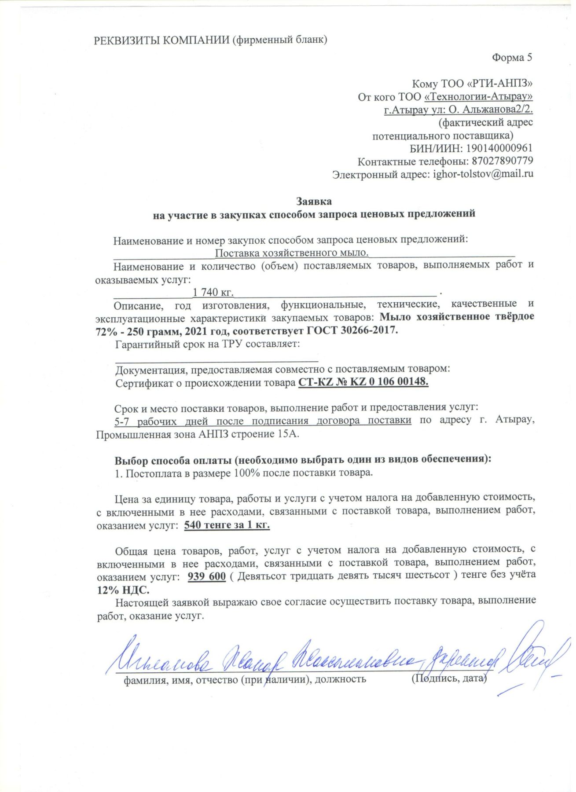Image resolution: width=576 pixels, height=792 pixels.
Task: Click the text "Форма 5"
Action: tap(512, 58)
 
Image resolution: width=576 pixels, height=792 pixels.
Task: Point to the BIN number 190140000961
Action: tap(499, 148)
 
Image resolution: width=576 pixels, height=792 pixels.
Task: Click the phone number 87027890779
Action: tap(502, 161)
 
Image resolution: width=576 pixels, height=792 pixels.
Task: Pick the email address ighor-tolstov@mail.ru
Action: tap(483, 174)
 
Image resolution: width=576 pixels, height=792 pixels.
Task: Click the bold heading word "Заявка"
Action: tap(313, 202)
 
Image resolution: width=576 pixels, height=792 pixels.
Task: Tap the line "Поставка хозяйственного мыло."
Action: tap(291, 253)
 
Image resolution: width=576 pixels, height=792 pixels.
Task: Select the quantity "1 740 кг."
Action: tap(213, 292)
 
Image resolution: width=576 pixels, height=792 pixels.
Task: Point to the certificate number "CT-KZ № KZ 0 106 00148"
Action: tap(363, 382)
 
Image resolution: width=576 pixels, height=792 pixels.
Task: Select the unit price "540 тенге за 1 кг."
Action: tap(227, 525)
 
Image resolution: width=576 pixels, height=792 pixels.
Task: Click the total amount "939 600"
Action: tap(206, 576)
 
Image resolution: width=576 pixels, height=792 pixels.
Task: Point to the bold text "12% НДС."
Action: tap(123, 590)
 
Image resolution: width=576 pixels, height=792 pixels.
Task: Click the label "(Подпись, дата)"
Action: tap(449, 678)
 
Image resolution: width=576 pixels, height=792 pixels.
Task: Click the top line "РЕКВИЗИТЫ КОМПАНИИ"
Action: tap(161, 40)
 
